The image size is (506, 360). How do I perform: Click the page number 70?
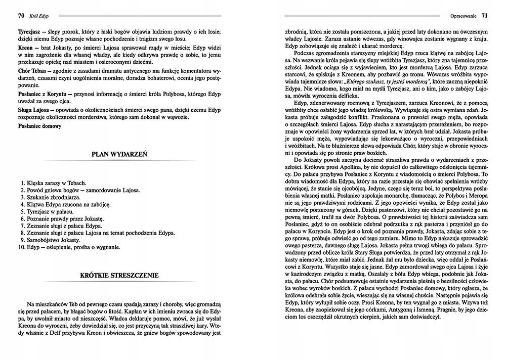21,16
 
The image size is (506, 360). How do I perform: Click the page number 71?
484,16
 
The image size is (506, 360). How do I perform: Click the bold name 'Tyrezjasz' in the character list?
31,31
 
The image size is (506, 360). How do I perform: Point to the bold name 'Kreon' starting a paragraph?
26,47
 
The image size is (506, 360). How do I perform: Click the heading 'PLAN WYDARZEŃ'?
119,156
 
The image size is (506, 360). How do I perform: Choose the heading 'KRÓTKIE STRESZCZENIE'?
119,276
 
